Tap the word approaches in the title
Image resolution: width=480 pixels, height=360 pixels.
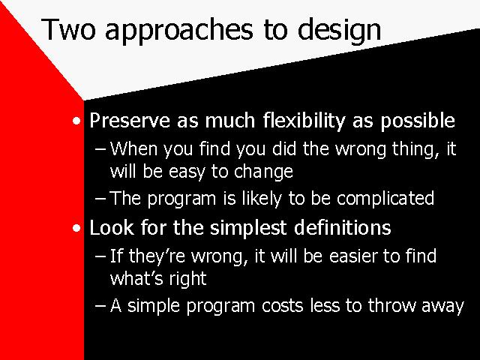pos(179,30)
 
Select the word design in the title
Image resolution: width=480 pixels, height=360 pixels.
pos(340,30)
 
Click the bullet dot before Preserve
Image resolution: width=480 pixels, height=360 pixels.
pos(76,121)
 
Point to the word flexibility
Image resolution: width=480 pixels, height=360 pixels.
pos(304,121)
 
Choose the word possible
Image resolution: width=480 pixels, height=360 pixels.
pos(418,121)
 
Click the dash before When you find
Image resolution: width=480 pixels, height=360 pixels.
pos(100,149)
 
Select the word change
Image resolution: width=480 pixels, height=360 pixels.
pos(263,172)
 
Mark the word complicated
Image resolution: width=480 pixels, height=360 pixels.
pos(385,199)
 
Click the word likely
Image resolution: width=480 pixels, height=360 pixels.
pos(262,199)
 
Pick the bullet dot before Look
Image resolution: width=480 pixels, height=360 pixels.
pos(76,228)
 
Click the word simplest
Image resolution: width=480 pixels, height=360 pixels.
pos(248,228)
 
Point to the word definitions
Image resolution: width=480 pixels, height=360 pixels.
pos(343,227)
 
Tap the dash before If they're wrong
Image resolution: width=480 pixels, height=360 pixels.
pos(100,256)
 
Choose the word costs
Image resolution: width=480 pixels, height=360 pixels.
pos(283,306)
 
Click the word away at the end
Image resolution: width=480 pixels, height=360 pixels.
pos(443,307)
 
